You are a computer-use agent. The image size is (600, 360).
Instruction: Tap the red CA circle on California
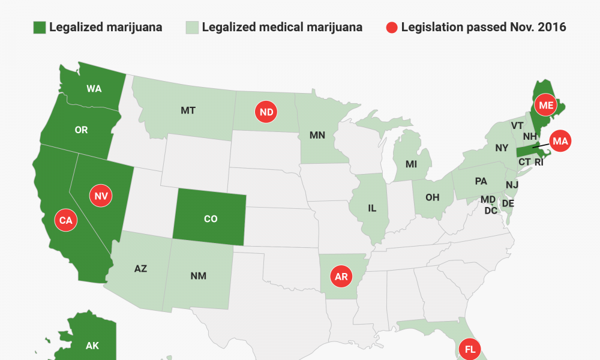coord(65,220)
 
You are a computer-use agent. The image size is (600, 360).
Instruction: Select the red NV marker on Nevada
coord(100,195)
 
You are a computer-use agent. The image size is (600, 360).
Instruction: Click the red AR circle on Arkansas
coord(341,277)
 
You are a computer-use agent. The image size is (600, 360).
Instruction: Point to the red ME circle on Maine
coord(546,106)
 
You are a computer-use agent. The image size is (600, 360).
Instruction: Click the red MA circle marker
coord(560,142)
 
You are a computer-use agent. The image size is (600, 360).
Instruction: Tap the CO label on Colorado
coord(211,219)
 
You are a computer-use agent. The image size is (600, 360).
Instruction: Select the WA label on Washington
coord(94,89)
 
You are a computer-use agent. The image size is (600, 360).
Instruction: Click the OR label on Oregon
coord(81,130)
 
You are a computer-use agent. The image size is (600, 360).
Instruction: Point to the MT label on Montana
coord(188,110)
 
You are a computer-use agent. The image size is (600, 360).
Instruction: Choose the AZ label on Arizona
coord(140,268)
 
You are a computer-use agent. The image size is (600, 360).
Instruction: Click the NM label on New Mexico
coord(199,275)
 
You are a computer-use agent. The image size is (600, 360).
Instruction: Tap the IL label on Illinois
coord(372,208)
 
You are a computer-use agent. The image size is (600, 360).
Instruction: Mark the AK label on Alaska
coord(92,345)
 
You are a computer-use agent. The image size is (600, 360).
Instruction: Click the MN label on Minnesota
coord(317,135)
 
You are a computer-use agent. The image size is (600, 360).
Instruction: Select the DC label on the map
coord(491,211)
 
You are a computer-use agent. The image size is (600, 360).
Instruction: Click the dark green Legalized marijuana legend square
coord(39,28)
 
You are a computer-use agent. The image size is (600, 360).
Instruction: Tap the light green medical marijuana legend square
coord(191,28)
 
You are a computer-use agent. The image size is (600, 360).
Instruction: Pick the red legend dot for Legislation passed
coord(391,28)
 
